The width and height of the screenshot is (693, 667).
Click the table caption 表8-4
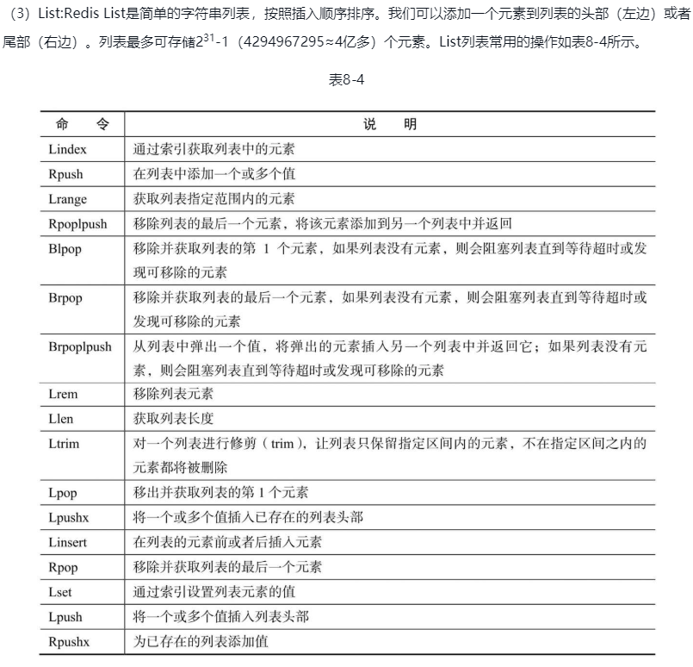pos(346,79)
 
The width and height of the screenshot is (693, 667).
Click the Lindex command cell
pos(68,148)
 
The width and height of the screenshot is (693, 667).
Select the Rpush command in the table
pos(66,173)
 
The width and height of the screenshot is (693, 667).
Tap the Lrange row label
pos(68,198)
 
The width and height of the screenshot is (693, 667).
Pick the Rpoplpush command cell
pos(78,223)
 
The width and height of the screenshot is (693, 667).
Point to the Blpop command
pos(65,248)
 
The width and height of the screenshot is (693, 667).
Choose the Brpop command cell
pos(66,297)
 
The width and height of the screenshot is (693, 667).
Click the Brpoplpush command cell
pos(81,346)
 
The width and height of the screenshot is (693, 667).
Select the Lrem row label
pos(65,394)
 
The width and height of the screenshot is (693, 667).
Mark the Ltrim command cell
pos(64,443)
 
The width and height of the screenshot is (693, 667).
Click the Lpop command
pos(64,492)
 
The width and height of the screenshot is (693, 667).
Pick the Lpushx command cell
pos(69,517)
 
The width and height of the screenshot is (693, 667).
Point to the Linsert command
pos(68,542)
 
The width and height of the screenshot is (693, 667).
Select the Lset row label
pos(61,592)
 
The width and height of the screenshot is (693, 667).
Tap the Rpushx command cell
pos(70,641)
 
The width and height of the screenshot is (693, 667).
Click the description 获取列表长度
pos(173,418)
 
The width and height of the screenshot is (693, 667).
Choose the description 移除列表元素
pos(173,394)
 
